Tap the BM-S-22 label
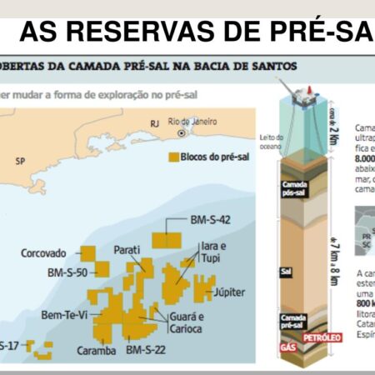point(146,351)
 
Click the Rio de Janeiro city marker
point(169,132)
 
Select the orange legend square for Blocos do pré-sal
point(174,156)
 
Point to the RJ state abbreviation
point(153,124)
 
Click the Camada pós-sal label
point(294,187)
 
